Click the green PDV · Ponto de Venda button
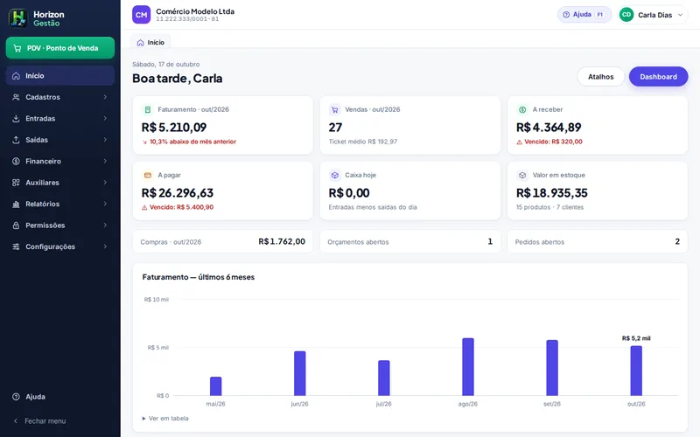coord(60,48)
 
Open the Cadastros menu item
coord(60,97)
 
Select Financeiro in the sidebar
coord(60,162)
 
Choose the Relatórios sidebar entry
coord(60,205)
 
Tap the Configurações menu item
coord(60,246)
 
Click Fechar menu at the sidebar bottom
coord(39,421)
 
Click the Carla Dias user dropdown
coord(652,15)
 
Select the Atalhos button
coord(600,77)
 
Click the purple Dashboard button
coord(659,77)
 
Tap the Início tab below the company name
coord(150,42)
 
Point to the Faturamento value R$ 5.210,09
coord(174,128)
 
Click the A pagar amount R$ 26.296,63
coord(178,193)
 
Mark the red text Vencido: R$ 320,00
coord(549,142)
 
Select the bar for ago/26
coord(468,367)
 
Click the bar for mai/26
coord(215,386)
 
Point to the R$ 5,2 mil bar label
coord(636,338)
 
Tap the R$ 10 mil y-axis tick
coord(157,300)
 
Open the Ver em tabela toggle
coord(165,419)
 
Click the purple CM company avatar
coord(142,15)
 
